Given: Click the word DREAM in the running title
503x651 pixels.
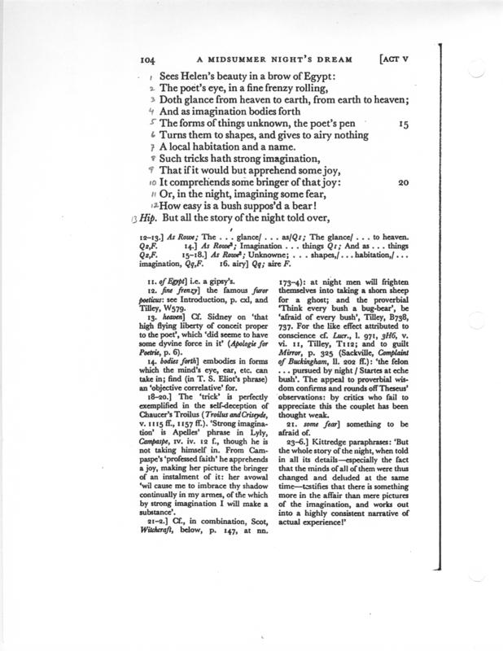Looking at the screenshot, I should coord(339,58).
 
